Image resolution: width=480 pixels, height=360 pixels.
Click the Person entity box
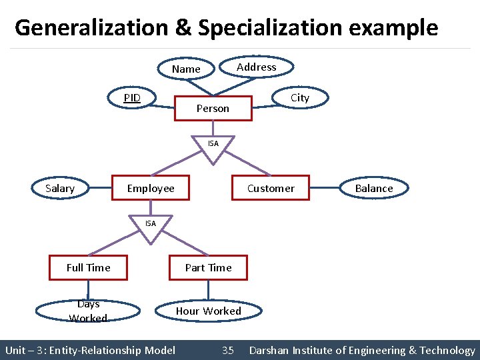click(x=213, y=108)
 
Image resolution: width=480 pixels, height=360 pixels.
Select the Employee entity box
click(x=151, y=188)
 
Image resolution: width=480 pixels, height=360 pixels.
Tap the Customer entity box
click(x=271, y=188)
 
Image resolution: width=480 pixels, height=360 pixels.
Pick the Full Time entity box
click(x=89, y=267)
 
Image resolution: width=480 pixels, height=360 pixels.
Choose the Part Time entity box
click(x=208, y=267)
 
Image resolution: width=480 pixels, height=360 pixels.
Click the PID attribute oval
click(x=132, y=98)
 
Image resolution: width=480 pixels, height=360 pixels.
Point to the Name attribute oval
click(x=186, y=69)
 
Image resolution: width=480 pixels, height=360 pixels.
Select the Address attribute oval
click(x=257, y=67)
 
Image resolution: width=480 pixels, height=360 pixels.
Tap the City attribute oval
click(x=300, y=97)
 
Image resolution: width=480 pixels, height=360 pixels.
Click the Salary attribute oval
click(x=60, y=188)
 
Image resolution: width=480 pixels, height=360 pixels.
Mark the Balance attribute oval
click(x=374, y=188)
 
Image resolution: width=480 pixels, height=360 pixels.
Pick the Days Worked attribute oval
click(x=88, y=311)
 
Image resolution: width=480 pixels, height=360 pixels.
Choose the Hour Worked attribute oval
click(x=209, y=311)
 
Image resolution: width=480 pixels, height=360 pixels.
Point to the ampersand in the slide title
click(x=183, y=28)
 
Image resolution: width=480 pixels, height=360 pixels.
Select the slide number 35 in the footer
click(x=228, y=350)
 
